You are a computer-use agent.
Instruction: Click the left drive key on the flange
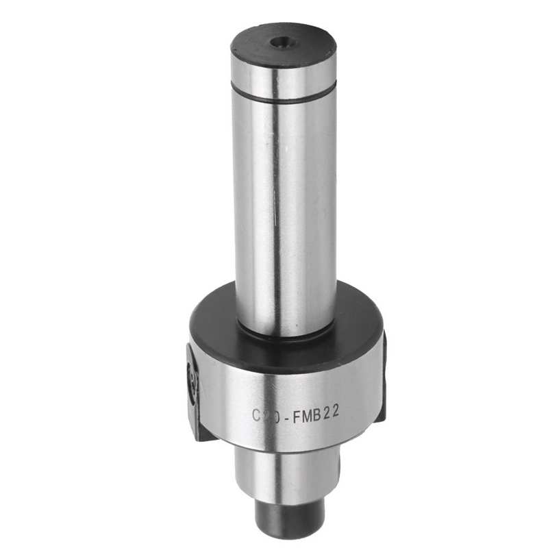point(193,390)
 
